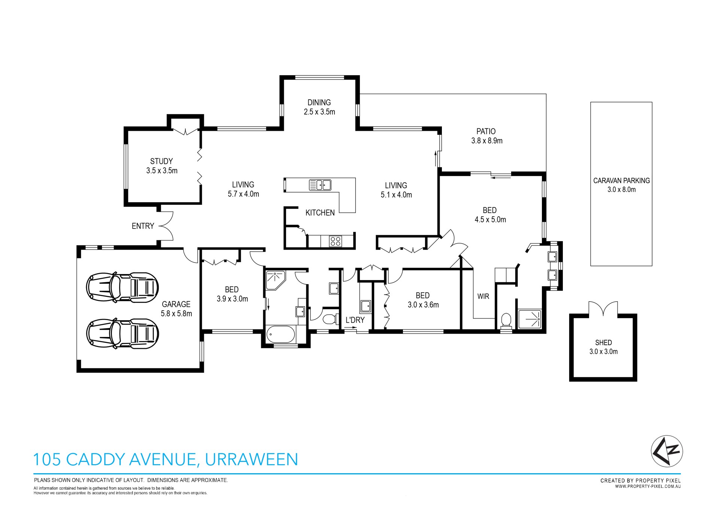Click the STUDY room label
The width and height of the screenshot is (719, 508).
pos(161,161)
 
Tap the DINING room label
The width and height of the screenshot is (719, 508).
pos(319,103)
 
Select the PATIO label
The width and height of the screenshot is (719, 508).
pos(486,131)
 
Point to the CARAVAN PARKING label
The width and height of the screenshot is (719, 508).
pos(621,180)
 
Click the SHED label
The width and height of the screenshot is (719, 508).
pos(603,343)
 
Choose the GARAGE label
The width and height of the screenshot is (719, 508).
pos(176,304)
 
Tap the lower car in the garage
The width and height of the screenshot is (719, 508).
pos(122,334)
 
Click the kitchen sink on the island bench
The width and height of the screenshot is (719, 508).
pos(320,185)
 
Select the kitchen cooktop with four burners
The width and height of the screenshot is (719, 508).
pos(336,241)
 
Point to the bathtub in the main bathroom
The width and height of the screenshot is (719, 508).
pos(280,334)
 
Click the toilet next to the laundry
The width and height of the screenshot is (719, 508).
pos(329,319)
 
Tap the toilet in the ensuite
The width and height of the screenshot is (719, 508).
pos(506,321)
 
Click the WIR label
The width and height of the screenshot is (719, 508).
pos(483,296)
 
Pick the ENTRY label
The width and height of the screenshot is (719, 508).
pos(143,226)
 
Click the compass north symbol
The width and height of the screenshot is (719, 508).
pos(667,451)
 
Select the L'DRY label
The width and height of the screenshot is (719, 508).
pos(355,320)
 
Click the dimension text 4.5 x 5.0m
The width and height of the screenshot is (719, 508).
pos(490,220)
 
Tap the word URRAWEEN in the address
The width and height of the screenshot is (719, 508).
pos(251,459)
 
